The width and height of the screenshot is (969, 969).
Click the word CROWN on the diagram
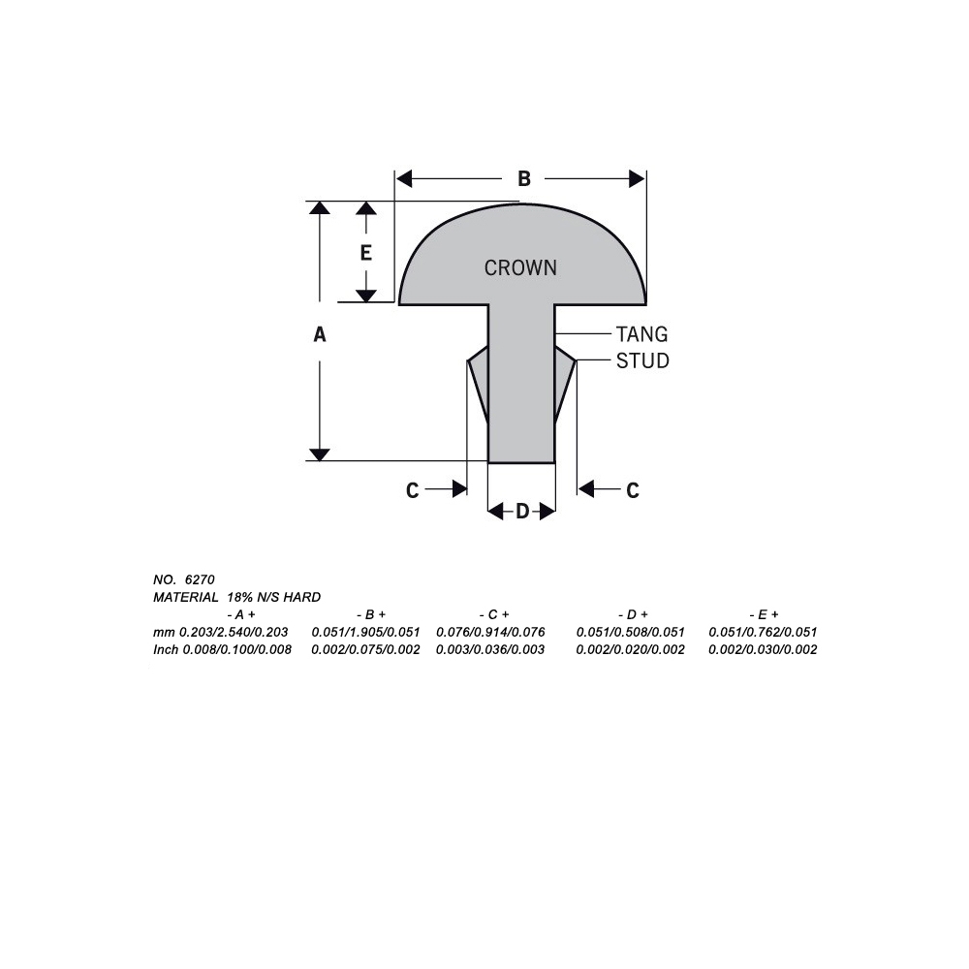tap(520, 267)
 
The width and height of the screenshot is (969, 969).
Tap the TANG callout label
tap(641, 334)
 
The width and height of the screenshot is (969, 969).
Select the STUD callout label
tap(642, 360)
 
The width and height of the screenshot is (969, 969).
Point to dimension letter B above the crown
tap(523, 179)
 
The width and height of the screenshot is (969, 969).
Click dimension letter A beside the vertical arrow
tap(320, 334)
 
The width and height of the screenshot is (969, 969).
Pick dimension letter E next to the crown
tap(365, 253)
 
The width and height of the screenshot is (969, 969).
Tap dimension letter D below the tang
tap(522, 511)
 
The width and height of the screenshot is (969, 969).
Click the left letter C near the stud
tap(412, 491)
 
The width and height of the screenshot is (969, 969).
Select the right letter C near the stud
tap(633, 491)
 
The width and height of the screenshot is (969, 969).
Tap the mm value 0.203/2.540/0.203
tap(234, 632)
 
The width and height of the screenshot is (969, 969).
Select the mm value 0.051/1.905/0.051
tap(365, 632)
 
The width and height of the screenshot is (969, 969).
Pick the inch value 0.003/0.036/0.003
tap(491, 649)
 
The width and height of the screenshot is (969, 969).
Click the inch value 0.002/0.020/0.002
tap(630, 649)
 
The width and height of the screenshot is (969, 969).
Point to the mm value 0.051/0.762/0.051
tap(763, 632)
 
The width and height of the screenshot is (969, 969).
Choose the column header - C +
tap(494, 614)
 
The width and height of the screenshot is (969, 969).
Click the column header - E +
tap(764, 614)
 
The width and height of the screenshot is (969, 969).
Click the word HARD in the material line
tap(302, 597)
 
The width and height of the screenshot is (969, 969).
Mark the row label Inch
tap(166, 649)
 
